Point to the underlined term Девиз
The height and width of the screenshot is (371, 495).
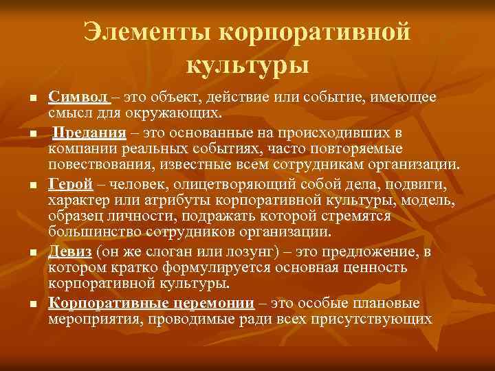tap(71, 251)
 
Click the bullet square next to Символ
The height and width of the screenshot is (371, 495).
tap(32, 102)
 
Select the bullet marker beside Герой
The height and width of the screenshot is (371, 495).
tap(32, 186)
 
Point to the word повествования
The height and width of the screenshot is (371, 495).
tap(95, 165)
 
